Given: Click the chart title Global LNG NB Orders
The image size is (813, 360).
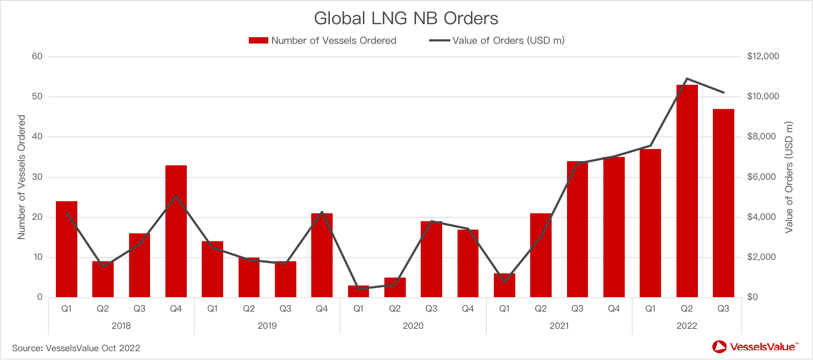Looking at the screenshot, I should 406,19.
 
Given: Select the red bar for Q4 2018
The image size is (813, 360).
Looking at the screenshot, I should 176,231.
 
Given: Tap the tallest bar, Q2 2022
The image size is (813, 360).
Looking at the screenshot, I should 687,191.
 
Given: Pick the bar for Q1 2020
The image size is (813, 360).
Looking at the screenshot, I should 358,292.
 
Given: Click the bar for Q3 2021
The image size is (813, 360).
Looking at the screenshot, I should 577,229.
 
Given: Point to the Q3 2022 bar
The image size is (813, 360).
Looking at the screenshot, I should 723,203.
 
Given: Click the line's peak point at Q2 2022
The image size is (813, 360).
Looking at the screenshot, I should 687,79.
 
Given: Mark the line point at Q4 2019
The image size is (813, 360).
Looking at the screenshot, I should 322,212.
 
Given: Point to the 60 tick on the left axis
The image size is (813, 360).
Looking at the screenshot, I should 37,56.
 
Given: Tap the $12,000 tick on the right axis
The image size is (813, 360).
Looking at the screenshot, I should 763,56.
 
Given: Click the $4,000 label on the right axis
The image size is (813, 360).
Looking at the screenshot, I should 761,217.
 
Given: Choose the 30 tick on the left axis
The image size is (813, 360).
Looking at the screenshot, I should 37,177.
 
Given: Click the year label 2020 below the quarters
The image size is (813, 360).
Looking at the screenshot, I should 413,326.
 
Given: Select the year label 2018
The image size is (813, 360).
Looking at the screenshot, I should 121,326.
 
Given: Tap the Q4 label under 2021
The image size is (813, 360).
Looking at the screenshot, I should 614,309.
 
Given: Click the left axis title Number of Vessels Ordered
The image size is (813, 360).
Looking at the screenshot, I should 21,177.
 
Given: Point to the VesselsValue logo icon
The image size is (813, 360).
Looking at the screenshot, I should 719,346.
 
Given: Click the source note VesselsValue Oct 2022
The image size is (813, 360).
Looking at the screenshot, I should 76,348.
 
